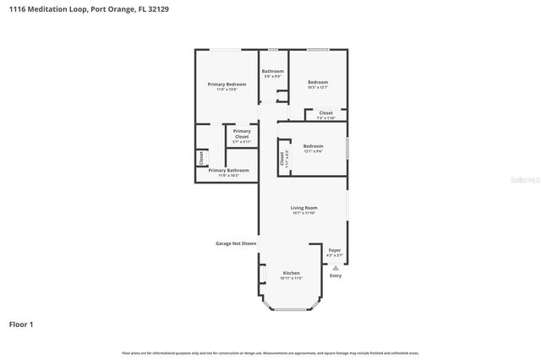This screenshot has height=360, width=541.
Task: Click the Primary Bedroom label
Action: (x=227, y=84)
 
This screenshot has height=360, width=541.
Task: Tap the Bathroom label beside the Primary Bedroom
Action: (x=272, y=71)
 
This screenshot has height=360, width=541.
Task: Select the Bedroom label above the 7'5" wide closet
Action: (x=318, y=82)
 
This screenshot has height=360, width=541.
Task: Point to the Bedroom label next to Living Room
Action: (x=313, y=146)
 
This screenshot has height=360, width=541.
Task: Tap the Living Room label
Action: (x=303, y=208)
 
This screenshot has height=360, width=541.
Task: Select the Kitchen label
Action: (x=291, y=273)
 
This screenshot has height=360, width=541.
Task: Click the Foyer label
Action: (x=335, y=250)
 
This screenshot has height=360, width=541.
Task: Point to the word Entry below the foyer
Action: (x=336, y=275)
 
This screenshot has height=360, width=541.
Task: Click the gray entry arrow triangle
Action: (x=336, y=267)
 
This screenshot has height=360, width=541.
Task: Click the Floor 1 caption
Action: (x=21, y=324)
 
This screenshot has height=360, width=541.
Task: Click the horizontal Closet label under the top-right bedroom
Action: (x=325, y=112)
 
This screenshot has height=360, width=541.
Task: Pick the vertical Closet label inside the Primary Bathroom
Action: (x=201, y=157)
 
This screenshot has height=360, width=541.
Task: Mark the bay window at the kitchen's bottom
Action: (x=291, y=308)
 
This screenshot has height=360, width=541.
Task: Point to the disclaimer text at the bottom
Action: (x=270, y=352)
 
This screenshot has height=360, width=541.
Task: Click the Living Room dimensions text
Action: (x=303, y=213)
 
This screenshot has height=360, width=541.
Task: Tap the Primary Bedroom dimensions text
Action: (x=227, y=89)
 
